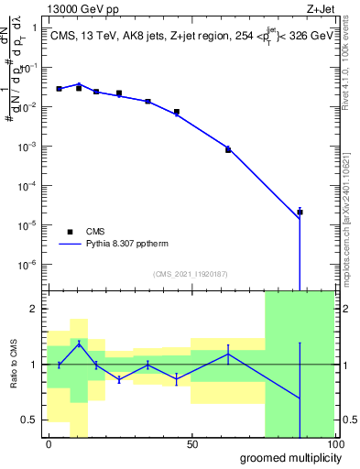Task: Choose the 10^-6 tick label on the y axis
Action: [31, 264]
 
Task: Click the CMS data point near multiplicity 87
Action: [300, 212]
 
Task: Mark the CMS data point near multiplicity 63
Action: [228, 149]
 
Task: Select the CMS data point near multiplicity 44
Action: [176, 112]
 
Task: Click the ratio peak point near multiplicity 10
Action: [79, 343]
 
